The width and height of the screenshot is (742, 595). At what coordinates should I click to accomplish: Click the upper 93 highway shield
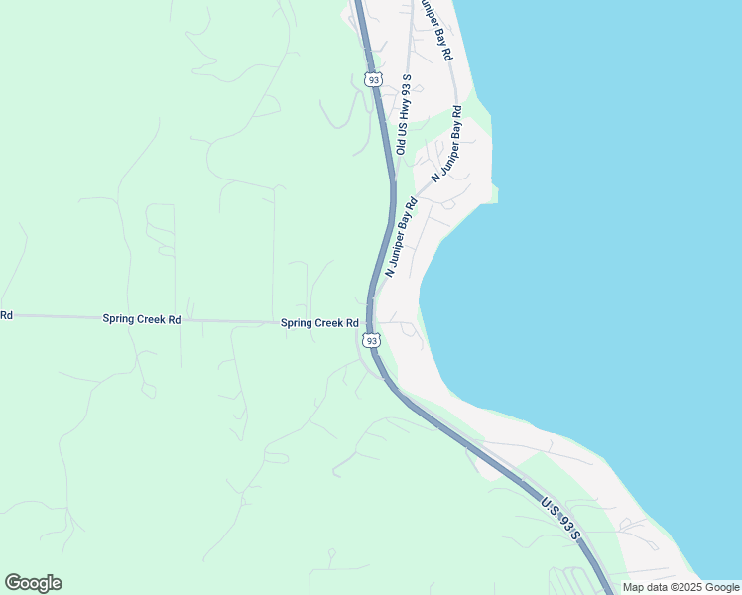pyautogui.click(x=372, y=79)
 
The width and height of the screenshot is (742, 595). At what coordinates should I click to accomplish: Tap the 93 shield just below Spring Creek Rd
pyautogui.click(x=371, y=340)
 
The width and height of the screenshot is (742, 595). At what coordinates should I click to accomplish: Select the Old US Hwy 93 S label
pyautogui.click(x=403, y=113)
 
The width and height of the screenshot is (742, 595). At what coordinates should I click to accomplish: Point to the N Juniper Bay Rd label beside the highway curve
pyautogui.click(x=401, y=236)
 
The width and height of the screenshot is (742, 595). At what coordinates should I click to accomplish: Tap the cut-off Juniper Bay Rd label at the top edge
pyautogui.click(x=434, y=31)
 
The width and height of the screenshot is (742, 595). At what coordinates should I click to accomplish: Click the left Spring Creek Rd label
pyautogui.click(x=141, y=319)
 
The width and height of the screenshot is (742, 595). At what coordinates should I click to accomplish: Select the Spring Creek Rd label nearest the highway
pyautogui.click(x=319, y=323)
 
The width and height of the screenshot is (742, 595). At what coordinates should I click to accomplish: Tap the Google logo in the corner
pyautogui.click(x=33, y=583)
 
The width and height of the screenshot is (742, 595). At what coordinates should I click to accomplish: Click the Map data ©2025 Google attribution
pyautogui.click(x=680, y=587)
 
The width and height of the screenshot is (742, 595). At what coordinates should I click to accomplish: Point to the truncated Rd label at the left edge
pyautogui.click(x=6, y=315)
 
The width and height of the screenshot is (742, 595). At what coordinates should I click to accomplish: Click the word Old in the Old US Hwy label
pyautogui.click(x=401, y=146)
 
